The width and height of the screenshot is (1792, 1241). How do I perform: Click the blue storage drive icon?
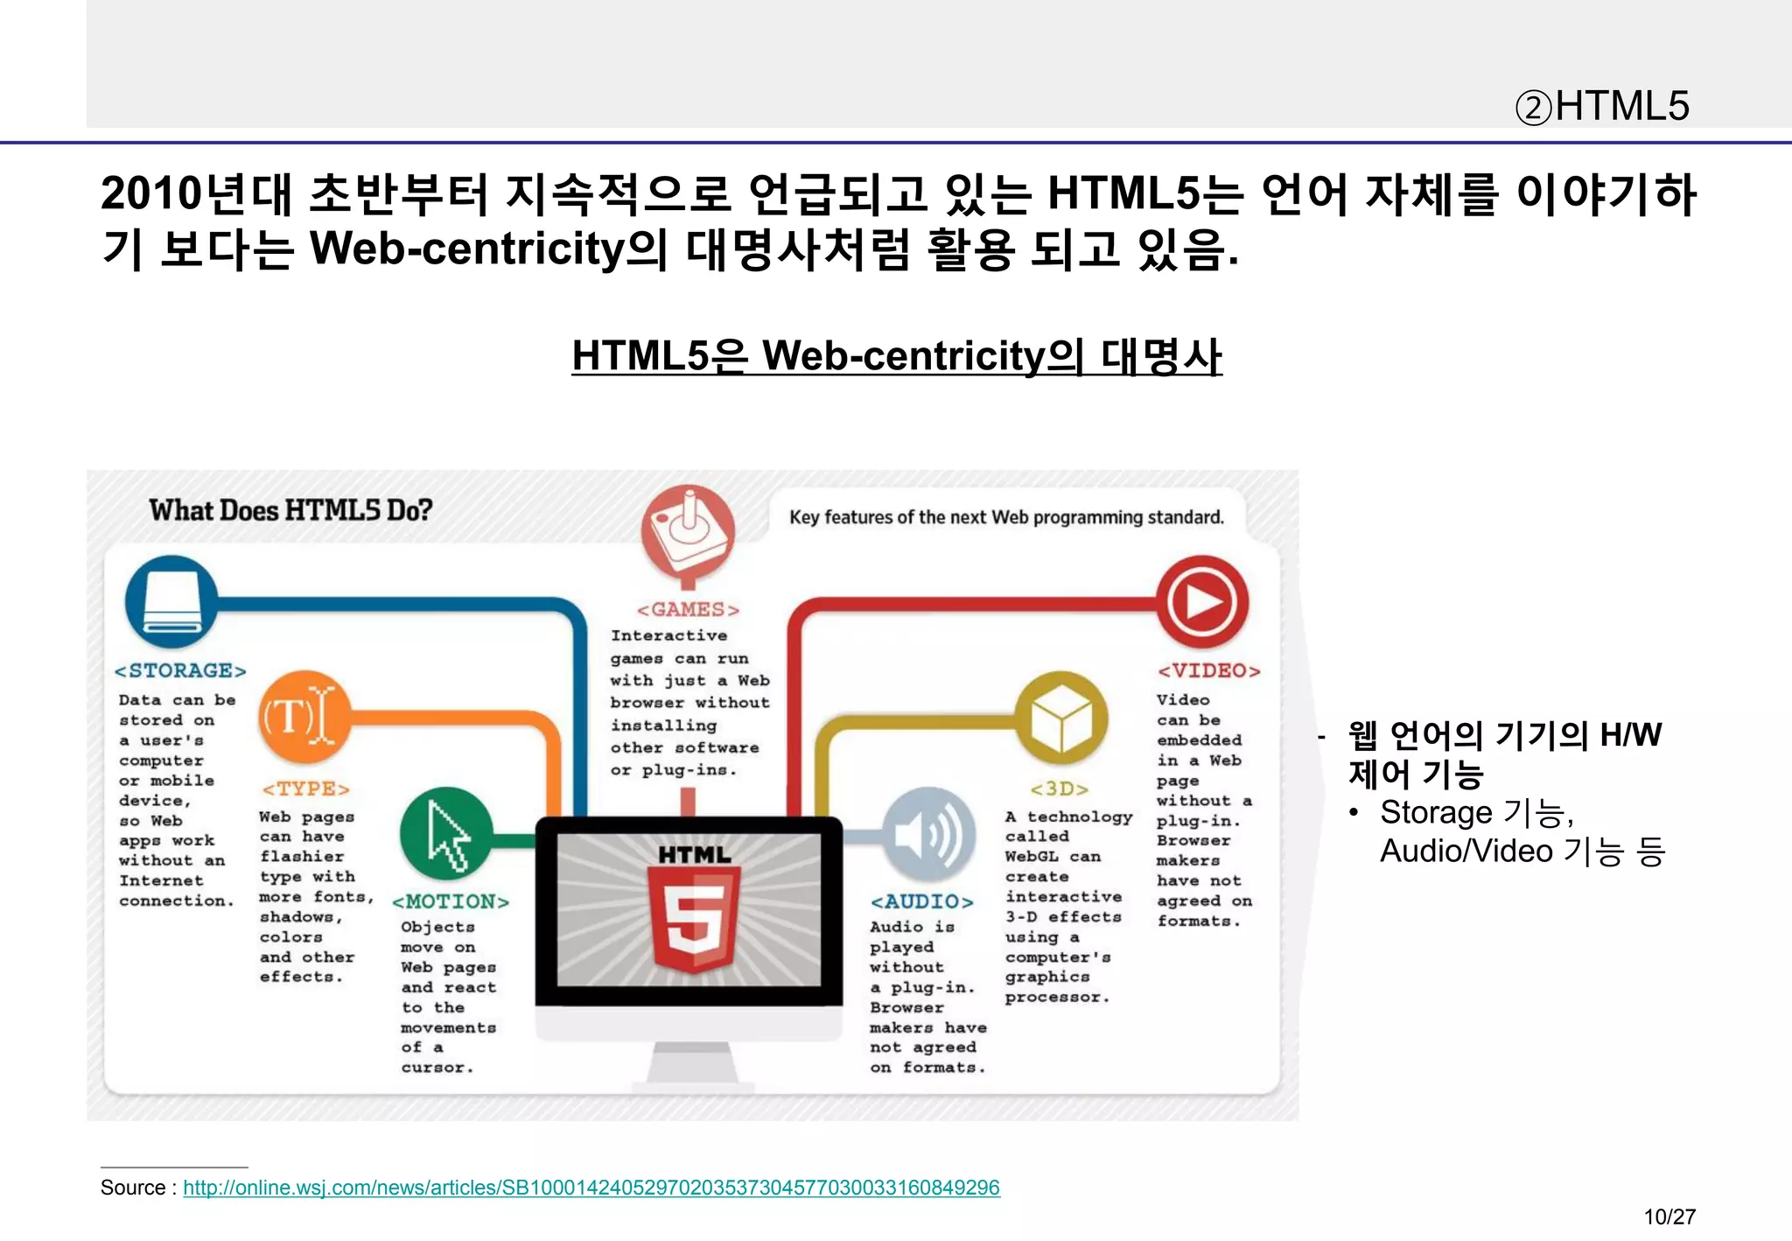pos(171,601)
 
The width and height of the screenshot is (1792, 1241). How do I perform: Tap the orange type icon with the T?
pos(304,717)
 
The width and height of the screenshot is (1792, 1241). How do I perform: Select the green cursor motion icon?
pos(446,834)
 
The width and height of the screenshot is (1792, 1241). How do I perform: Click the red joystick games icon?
pos(688,529)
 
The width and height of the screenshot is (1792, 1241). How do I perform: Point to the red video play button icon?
pos(1202,601)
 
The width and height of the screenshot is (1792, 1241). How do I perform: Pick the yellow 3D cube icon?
pos(1060,718)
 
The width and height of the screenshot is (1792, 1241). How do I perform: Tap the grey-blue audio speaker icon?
pos(928,834)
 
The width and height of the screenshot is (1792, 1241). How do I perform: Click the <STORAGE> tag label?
pos(180,671)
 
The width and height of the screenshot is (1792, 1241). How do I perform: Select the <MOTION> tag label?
pos(450,902)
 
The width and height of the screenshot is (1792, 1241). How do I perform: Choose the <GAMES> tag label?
pos(688,610)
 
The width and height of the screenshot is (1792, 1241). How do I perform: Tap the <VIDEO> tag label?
pos(1208,671)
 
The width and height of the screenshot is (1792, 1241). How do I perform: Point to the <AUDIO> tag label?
pos(921,902)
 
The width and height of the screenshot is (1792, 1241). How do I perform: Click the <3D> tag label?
pos(1059,789)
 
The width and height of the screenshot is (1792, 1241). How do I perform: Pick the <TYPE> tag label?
pos(305,789)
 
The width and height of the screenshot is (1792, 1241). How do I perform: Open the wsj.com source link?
pos(591,1188)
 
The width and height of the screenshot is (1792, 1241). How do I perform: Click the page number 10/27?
pos(1669,1216)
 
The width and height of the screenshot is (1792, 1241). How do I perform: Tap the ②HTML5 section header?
pos(1601,107)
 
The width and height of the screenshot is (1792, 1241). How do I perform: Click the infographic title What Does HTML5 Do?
pos(290,510)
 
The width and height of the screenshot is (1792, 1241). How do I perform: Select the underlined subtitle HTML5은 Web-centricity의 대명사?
pos(896,356)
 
